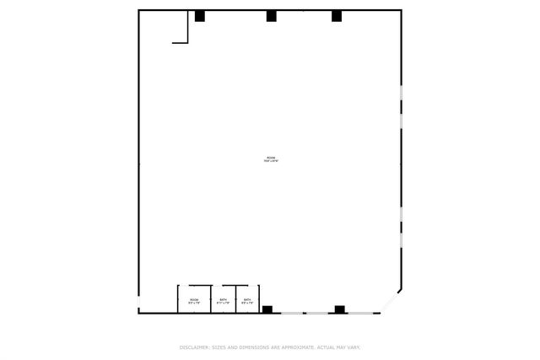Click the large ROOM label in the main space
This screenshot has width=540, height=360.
(x=271, y=158)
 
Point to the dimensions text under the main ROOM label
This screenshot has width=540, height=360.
(x=271, y=162)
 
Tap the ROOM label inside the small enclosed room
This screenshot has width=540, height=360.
(x=194, y=300)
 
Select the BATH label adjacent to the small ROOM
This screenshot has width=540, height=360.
(x=223, y=300)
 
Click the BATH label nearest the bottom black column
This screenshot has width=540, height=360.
(x=247, y=300)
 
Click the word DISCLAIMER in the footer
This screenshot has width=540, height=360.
(x=194, y=347)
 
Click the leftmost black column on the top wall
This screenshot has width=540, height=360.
(x=200, y=16)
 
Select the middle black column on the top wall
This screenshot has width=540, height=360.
(x=272, y=16)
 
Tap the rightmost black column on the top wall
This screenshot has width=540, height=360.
(x=337, y=16)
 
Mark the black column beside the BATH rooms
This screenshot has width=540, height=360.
(x=267, y=309)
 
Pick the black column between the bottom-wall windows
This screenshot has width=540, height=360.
(x=339, y=309)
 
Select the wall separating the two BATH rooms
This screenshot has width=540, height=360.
(x=236, y=300)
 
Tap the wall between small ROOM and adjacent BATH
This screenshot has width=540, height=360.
(x=211, y=300)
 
